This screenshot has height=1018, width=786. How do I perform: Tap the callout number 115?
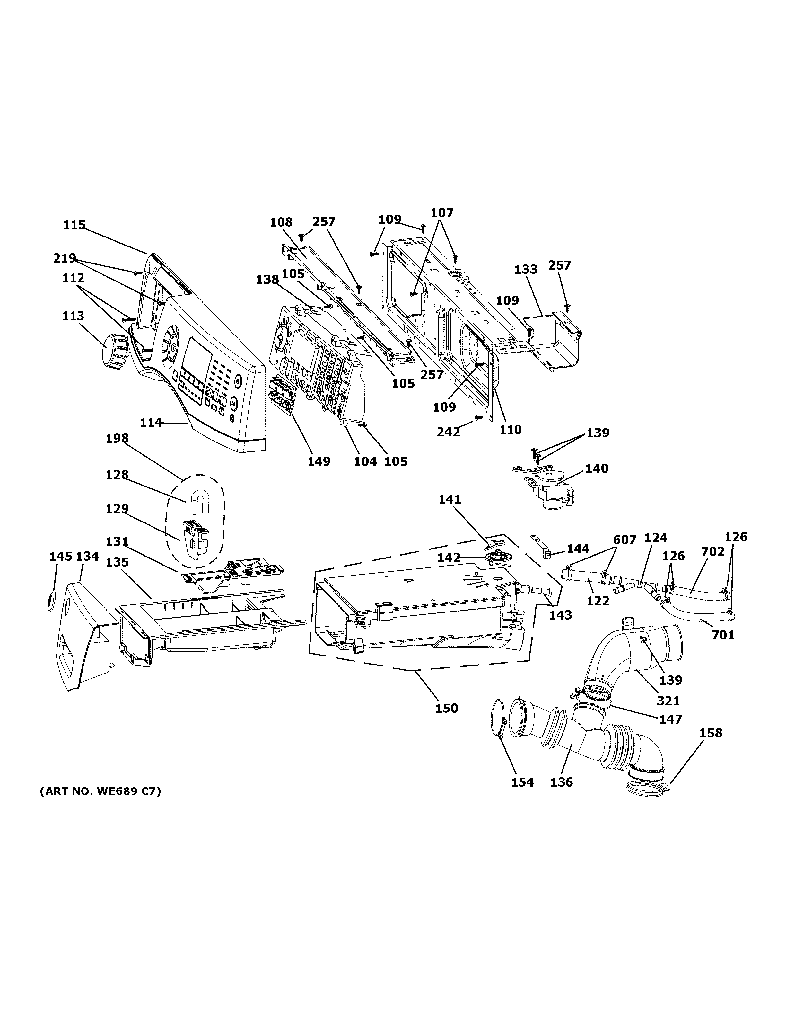(74, 225)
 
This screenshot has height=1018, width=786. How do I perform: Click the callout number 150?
(447, 708)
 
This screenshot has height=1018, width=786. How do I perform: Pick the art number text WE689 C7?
(100, 791)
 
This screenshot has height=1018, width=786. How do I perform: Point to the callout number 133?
(526, 269)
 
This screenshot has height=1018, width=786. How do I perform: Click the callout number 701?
(723, 635)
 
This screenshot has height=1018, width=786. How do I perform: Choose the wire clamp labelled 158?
(647, 788)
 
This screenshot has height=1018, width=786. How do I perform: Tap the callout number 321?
(668, 701)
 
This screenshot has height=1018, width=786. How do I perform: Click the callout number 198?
(117, 438)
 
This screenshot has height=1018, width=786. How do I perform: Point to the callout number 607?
(624, 540)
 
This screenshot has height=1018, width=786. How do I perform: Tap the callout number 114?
(151, 422)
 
